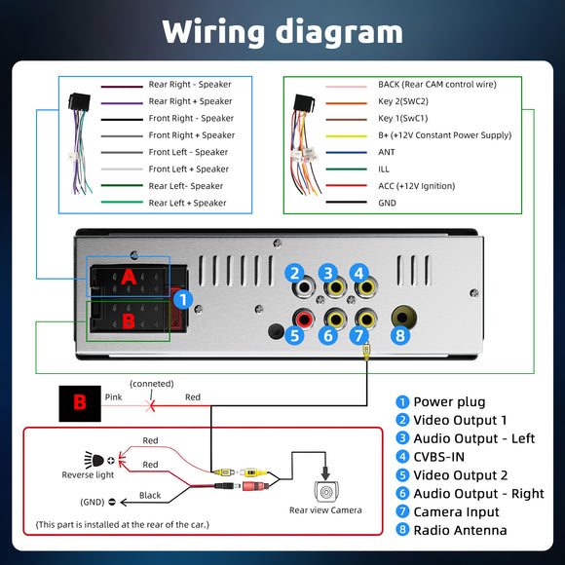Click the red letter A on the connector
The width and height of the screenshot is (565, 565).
click(129, 277)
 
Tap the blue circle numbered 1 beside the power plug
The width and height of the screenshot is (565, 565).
click(183, 299)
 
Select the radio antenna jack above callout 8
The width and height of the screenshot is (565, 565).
click(404, 318)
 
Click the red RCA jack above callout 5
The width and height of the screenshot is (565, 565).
click(303, 319)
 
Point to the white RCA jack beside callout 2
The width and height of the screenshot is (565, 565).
click(304, 287)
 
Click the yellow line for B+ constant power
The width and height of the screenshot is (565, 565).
click(346, 136)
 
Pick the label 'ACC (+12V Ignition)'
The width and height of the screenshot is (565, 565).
click(417, 186)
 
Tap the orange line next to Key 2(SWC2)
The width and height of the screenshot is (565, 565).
click(346, 103)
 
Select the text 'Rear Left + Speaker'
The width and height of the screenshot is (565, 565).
click(187, 203)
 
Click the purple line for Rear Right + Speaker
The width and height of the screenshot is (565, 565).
click(122, 103)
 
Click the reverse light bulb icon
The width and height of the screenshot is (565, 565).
click(94, 460)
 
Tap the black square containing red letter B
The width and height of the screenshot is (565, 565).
click(80, 403)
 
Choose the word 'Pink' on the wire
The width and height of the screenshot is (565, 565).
click(114, 397)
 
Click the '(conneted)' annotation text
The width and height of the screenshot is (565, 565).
click(152, 384)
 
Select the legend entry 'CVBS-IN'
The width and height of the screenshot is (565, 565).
click(439, 457)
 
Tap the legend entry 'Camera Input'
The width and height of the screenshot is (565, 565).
click(456, 511)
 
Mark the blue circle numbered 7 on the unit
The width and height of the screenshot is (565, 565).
click(358, 336)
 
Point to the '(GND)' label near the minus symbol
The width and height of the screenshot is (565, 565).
click(93, 502)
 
